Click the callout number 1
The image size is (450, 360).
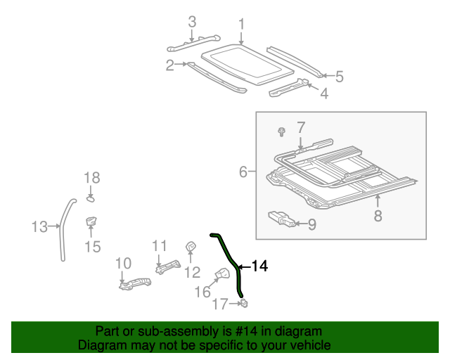(241, 26)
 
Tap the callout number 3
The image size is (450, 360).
(191, 22)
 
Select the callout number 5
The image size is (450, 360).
(339, 77)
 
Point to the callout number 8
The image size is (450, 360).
(378, 215)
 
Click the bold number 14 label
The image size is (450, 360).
(259, 266)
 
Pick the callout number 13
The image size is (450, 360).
(39, 226)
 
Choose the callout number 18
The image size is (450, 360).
(92, 178)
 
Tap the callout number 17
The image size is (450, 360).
(221, 304)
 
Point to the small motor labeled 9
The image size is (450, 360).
(283, 221)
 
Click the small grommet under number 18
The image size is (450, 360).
(91, 199)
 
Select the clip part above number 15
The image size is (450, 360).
(91, 223)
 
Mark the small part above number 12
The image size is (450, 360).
(190, 247)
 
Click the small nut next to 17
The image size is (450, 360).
(243, 303)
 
